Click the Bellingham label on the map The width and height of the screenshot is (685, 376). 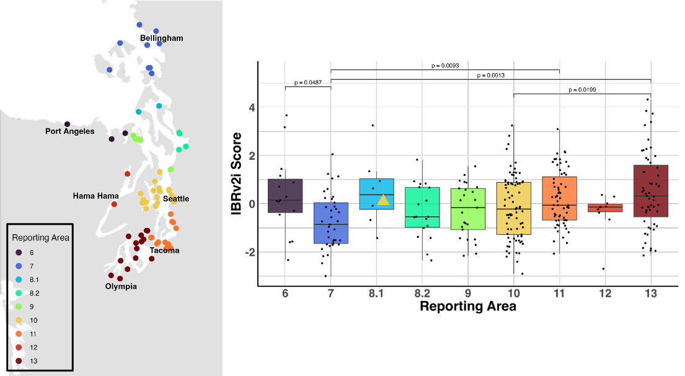pos(162,38)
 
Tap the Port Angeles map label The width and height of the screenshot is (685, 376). pos(70,131)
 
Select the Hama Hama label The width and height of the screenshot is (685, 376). pos(95,196)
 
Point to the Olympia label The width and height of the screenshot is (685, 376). pos(120,287)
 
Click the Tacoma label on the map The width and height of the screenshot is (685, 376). pos(164,251)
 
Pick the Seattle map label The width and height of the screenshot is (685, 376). pos(175,199)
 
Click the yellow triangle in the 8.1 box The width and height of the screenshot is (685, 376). pos(383,199)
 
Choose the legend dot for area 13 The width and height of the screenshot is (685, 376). pos(19,361)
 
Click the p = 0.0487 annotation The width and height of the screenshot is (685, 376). pos(308,82)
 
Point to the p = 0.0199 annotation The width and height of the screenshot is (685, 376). pos(582,90)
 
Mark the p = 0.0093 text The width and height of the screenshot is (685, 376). pos(445,65)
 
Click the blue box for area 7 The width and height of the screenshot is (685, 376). pos(331,223)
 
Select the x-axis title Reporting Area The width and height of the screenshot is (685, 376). pos(467,306)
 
